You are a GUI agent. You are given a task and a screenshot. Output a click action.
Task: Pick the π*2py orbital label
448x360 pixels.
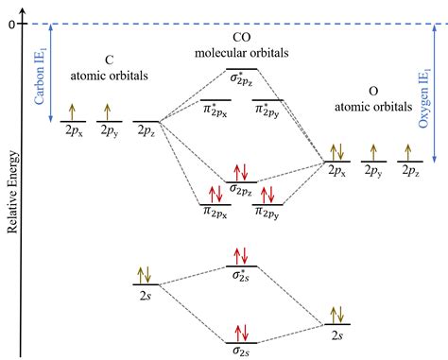267,111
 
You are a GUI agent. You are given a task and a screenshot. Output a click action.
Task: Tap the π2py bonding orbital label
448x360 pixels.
267,215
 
